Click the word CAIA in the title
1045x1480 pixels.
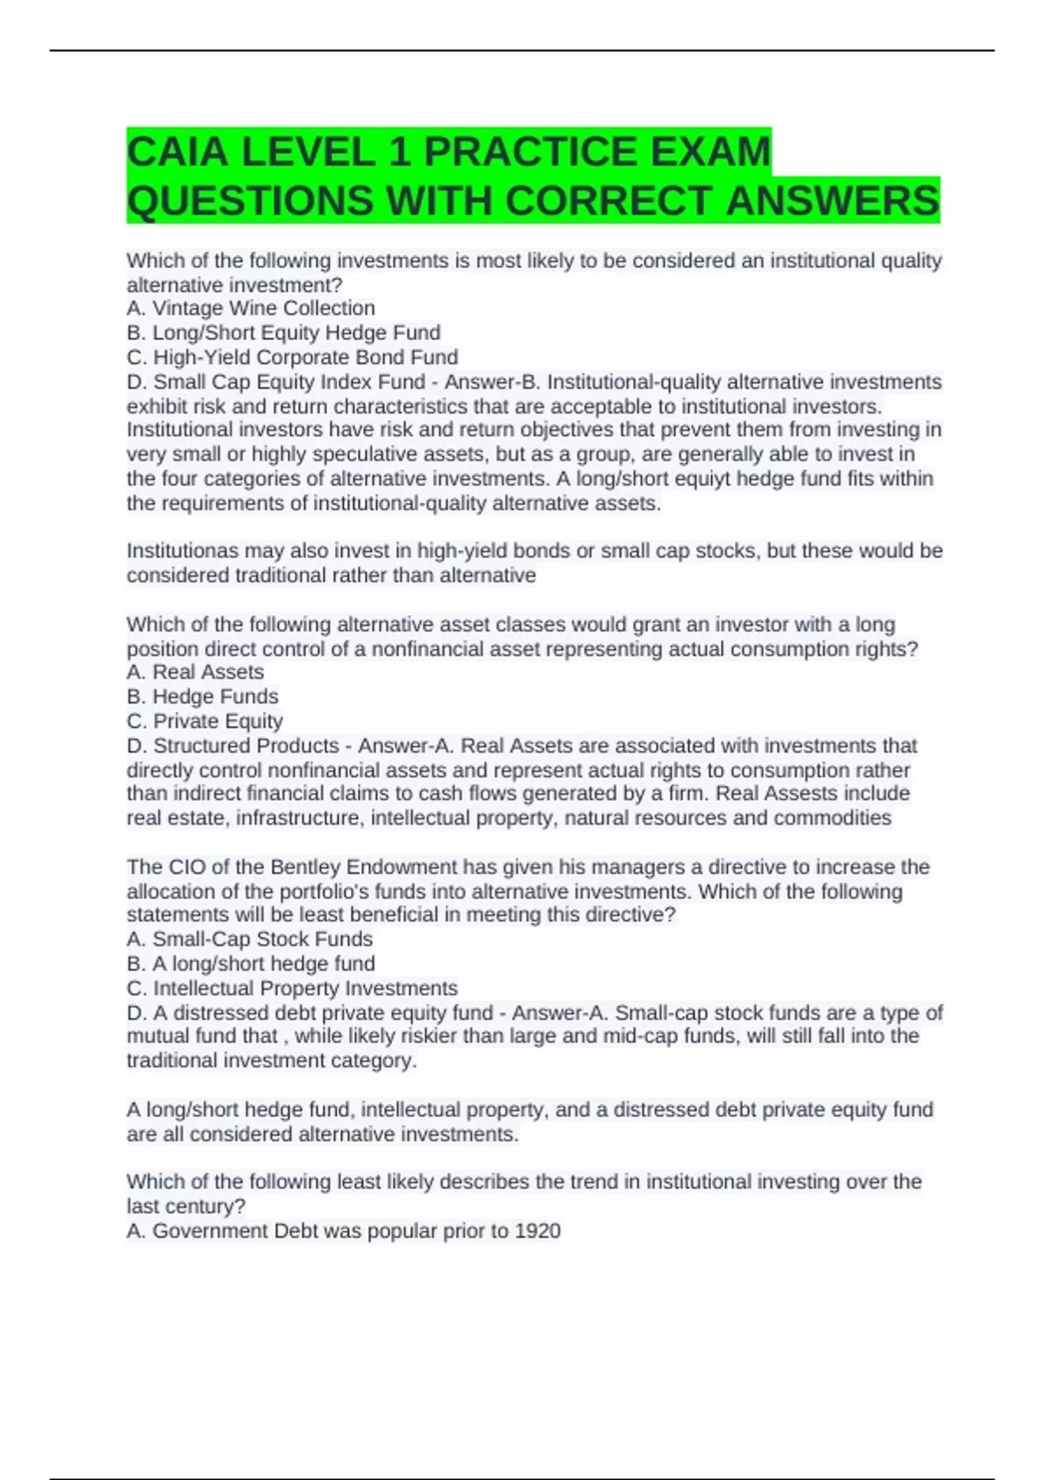pos(178,152)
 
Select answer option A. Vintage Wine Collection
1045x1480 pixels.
pos(251,308)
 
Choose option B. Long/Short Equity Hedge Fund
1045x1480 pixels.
pos(283,333)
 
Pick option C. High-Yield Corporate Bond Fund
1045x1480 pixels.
pos(292,357)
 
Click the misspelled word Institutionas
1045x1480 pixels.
pos(181,551)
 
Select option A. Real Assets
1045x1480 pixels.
pos(195,672)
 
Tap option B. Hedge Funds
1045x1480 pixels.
pos(202,696)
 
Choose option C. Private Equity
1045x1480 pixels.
pos(205,721)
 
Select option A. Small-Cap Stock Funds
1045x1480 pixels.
pos(249,939)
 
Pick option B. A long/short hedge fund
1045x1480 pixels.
pos(251,964)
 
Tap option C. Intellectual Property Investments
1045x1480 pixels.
pos(292,988)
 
